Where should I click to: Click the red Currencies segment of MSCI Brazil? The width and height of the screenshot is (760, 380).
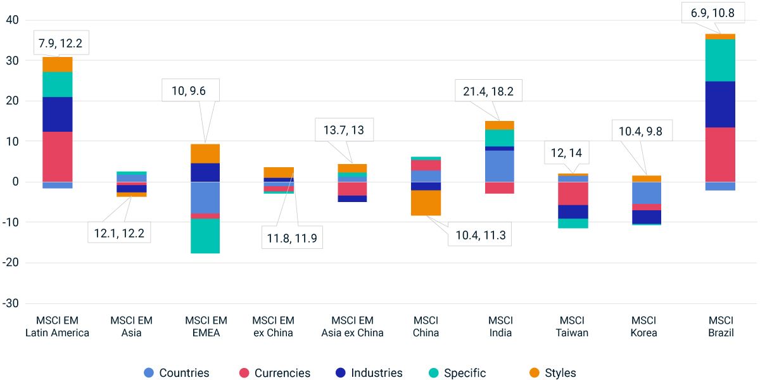720,155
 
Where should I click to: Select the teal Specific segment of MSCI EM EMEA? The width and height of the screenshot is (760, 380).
206,236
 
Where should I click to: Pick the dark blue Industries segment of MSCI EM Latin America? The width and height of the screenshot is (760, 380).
58,114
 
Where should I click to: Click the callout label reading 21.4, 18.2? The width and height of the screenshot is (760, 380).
484,91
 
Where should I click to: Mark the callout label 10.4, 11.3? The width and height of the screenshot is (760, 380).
479,236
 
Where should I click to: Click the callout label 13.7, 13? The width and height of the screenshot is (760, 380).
344,130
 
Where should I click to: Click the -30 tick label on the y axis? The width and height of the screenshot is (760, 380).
11,303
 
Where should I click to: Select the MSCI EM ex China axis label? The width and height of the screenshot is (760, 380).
273,326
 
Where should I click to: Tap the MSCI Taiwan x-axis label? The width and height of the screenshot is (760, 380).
572,326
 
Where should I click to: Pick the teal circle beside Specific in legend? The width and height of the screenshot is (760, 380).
434,373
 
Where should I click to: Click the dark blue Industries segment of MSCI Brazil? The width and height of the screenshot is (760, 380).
720,104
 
